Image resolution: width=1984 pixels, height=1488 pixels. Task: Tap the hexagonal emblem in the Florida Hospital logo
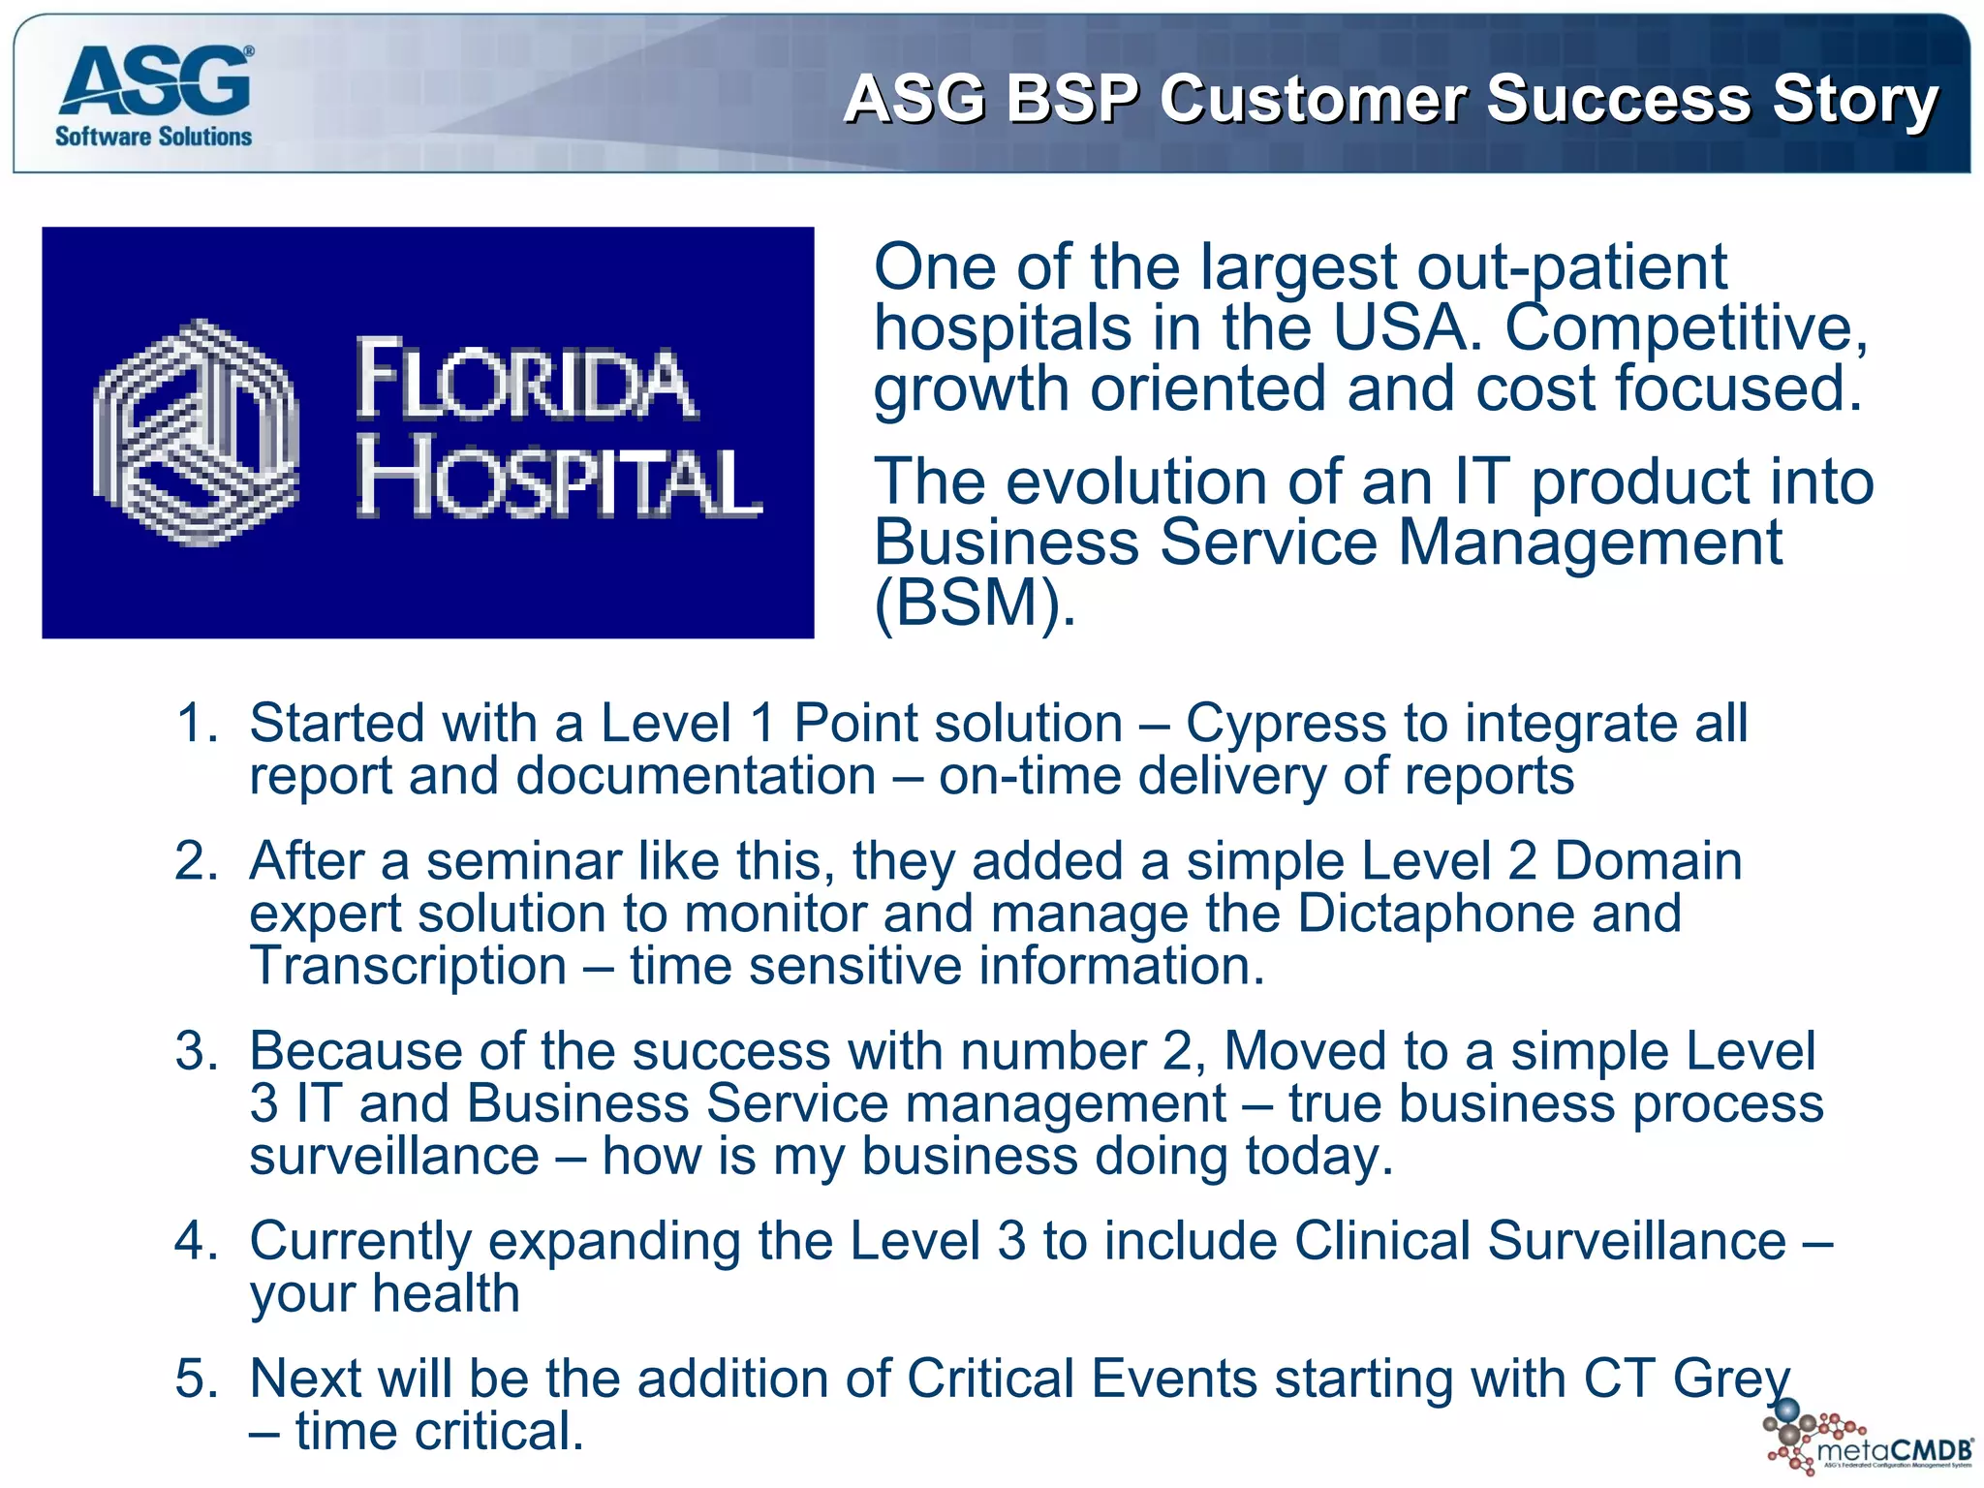196,432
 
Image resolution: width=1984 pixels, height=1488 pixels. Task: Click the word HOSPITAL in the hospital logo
559,481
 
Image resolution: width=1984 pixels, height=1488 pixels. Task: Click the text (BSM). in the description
974,603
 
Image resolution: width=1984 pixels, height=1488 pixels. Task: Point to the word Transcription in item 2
408,966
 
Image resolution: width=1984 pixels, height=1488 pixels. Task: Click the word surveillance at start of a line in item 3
394,1156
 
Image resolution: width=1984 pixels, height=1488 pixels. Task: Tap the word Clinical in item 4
1382,1241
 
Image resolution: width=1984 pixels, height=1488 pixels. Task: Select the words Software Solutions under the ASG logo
153,137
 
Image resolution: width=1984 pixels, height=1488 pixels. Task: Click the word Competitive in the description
1685,327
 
